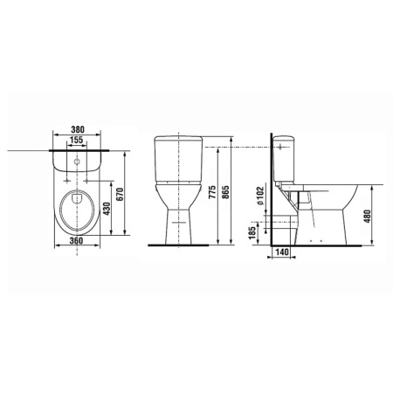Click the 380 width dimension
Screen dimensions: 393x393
(x=78, y=129)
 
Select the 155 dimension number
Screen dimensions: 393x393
(x=77, y=140)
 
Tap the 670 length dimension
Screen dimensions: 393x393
(x=120, y=194)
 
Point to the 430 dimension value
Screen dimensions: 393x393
(x=107, y=209)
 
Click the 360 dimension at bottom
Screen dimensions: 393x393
(x=77, y=241)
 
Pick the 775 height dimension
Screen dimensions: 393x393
(x=213, y=192)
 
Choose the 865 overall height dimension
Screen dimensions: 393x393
(x=225, y=192)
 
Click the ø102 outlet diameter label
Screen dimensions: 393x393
(x=259, y=196)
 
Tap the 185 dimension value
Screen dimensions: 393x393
(x=252, y=232)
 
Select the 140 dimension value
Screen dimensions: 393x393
(x=281, y=252)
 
